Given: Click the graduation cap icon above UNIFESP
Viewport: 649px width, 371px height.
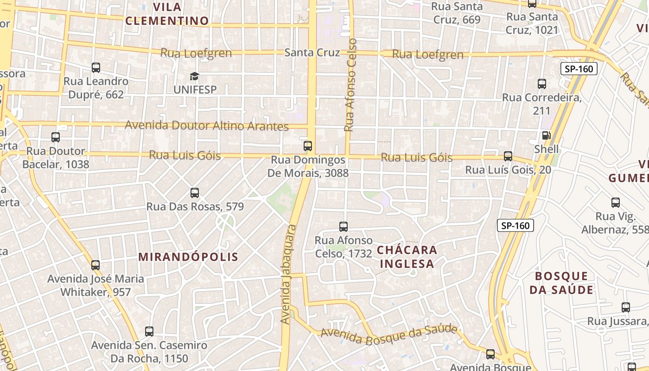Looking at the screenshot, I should (194, 76).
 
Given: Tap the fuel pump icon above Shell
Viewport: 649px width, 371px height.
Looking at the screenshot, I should (547, 135).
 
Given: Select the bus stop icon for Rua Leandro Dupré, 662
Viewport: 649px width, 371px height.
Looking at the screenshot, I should (96, 68).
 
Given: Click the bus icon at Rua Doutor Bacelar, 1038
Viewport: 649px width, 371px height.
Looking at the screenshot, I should (56, 137).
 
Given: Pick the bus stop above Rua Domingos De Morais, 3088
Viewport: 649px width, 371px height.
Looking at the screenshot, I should (308, 146).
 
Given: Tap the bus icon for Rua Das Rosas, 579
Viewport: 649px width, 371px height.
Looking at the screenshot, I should (195, 193).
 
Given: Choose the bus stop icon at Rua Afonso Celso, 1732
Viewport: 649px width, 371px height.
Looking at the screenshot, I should (344, 227).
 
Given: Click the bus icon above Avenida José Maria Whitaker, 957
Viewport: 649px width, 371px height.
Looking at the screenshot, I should (95, 265).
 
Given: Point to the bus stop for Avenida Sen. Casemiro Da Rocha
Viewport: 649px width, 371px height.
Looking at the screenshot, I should (149, 332).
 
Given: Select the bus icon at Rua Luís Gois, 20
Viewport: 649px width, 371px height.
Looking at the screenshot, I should (508, 156).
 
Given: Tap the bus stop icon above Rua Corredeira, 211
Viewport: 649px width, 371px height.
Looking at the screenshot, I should (542, 84).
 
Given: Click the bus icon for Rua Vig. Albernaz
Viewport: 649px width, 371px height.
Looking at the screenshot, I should (616, 203).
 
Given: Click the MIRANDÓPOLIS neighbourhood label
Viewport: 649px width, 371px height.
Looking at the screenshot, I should (188, 257).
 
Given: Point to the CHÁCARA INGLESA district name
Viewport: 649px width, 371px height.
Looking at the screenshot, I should (407, 257).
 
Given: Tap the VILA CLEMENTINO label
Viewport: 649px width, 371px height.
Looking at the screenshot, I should (167, 14).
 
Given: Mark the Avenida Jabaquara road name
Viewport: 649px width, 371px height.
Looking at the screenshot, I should (289, 274).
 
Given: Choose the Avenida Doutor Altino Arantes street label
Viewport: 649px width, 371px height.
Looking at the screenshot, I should (207, 126).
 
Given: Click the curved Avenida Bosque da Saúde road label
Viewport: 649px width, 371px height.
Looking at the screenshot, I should (388, 333).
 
